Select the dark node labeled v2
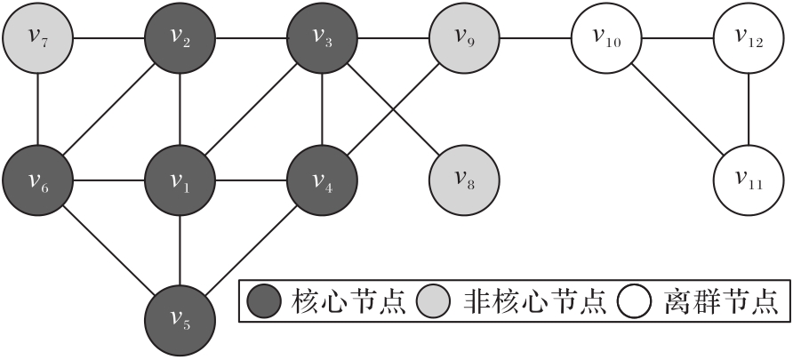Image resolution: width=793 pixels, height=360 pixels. coord(180,38)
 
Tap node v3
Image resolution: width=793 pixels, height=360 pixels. coord(322,38)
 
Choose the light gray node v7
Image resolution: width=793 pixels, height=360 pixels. coord(38,38)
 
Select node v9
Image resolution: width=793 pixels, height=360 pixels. coord(464,38)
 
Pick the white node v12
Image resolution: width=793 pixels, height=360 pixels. coord(749,38)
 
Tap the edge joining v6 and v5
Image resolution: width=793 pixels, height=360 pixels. coord(109,252)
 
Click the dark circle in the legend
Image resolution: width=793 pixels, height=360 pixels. coord(265,302)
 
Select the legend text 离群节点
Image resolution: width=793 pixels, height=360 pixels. coord(721,302)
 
